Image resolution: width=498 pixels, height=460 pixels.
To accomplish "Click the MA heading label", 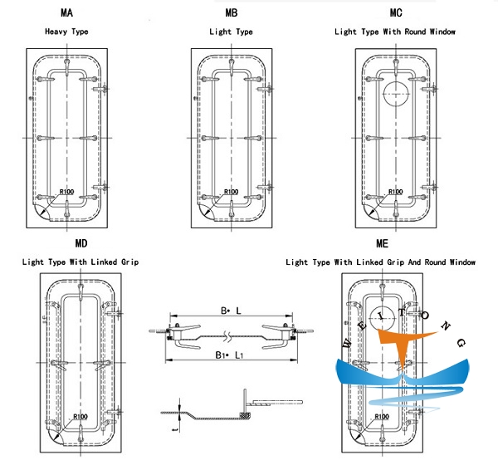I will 66,14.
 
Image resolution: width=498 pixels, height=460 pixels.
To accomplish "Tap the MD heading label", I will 81,245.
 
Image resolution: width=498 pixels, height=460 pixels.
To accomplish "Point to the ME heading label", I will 381,245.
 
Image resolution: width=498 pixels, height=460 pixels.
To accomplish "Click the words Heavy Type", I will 66,32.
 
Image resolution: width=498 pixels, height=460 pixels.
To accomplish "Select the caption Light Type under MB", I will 231,32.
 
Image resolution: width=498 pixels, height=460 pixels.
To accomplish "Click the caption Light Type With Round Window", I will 394,32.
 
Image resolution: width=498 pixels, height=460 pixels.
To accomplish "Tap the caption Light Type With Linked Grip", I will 81,262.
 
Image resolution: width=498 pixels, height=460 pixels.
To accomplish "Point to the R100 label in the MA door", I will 67,193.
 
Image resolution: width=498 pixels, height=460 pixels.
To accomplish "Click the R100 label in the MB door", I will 232,193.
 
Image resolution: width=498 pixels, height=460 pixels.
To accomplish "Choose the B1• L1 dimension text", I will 228,355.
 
